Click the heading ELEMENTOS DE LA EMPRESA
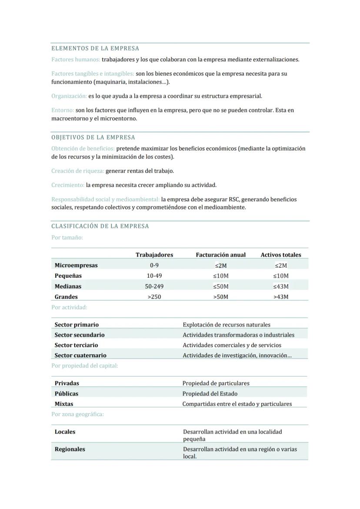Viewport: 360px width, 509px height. (95, 48)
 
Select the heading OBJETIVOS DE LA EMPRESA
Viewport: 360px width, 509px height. (93, 137)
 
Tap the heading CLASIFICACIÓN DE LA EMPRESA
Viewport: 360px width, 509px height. (100, 226)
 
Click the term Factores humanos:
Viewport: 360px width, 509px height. (76, 59)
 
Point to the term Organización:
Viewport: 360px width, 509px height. (69, 96)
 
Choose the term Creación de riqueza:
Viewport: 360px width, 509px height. (77, 171)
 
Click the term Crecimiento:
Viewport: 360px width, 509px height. (68, 185)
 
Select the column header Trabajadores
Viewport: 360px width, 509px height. (154, 255)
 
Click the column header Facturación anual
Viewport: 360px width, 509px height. (220, 255)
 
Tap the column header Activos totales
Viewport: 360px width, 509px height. (280, 255)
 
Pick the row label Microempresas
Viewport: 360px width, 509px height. (76, 265)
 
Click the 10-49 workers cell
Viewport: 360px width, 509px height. (154, 276)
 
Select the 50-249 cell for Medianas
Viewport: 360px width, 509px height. (154, 286)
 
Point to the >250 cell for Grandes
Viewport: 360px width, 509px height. (154, 297)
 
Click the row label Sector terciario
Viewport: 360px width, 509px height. (76, 345)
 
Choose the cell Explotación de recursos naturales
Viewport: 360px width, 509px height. (227, 325)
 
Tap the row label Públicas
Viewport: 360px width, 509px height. (67, 393)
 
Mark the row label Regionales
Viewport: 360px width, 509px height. (70, 449)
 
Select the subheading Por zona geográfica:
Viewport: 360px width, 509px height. (77, 414)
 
